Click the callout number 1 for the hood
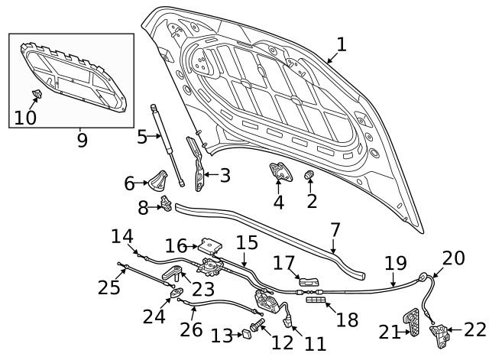341,44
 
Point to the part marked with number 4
279,174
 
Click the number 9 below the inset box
82,140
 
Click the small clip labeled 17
308,281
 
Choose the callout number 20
453,258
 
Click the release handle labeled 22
442,331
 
